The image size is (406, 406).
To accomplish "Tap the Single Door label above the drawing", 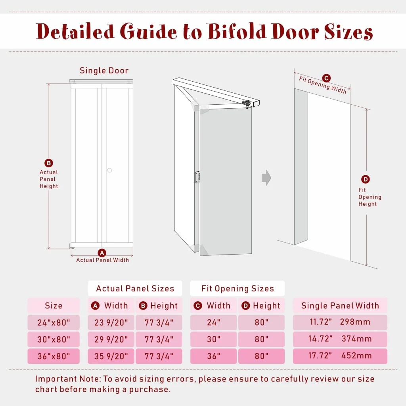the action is pos(104,71).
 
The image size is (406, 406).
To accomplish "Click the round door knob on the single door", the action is pos(109,170).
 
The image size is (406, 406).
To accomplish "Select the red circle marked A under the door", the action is pos(102,253).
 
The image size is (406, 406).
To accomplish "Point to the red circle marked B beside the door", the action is pos(49,163).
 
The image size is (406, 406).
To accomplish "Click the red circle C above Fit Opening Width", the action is pos(326,78).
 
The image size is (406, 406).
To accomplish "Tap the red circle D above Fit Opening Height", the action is pos(366,179).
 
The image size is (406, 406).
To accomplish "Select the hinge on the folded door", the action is pos(197,176).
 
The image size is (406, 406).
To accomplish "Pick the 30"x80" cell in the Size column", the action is pos(54,339).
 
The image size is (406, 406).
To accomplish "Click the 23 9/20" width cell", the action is pos(111,322).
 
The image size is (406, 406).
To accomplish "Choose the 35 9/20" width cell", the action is pos(111,356).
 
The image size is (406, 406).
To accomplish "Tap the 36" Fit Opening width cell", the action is pos(213,356).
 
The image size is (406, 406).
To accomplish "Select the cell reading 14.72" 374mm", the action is pos(340,339).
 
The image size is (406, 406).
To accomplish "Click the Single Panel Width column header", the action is pos(340,305).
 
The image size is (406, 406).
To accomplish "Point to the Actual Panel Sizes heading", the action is pos(135,288).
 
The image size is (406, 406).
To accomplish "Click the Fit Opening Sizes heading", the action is pos(237,288).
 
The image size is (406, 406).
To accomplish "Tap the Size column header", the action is pos(54,305).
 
